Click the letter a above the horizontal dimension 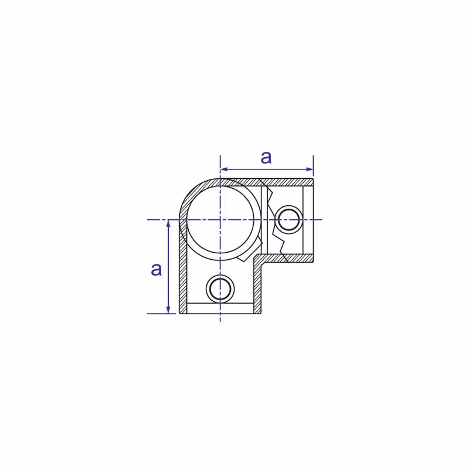pos(266,157)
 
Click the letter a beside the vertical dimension pos(156,269)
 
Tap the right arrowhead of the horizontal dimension pos(310,169)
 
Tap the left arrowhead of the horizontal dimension pos(224,169)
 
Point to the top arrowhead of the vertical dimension pos(168,223)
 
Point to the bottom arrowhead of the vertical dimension pos(168,310)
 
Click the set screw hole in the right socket pos(288,220)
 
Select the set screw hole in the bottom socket pos(220,289)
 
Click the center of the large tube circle pos(220,220)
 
